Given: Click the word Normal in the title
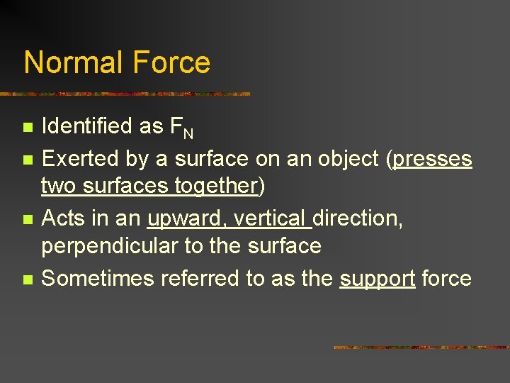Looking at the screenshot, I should [x=68, y=62].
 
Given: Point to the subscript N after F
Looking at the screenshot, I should [x=189, y=133].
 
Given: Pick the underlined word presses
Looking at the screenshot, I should [x=432, y=160].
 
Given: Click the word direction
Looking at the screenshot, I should [x=358, y=218].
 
